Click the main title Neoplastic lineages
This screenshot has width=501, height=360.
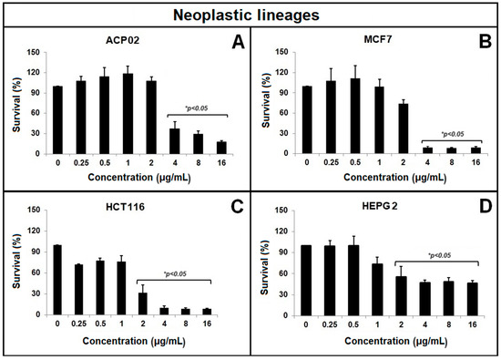(250, 14)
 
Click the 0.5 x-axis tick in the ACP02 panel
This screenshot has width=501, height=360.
(105, 165)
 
